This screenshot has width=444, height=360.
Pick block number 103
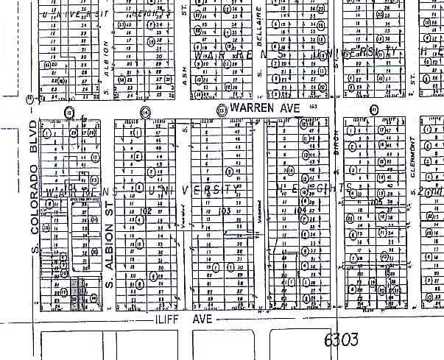(x=224, y=211)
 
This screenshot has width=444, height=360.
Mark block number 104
(x=299, y=211)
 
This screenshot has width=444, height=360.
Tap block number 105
(x=378, y=201)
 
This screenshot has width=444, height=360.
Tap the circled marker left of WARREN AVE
(x=220, y=109)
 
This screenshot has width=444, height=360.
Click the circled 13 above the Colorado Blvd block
(x=69, y=112)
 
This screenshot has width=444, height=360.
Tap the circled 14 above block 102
(x=145, y=112)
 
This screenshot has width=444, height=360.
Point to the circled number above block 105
(x=374, y=111)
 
